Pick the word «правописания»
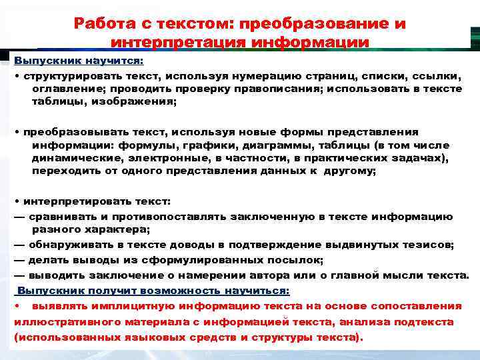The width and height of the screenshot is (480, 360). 279,89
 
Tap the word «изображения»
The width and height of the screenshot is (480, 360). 138,102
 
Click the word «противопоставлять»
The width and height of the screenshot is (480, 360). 165,216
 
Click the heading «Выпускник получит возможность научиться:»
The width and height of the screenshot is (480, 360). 153,291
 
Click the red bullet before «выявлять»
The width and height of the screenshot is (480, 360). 16,306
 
